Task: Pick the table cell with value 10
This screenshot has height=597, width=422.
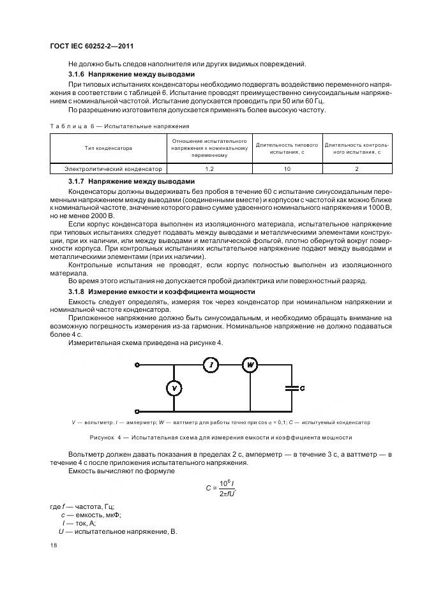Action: click(x=287, y=169)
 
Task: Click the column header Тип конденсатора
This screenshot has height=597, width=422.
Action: click(x=109, y=148)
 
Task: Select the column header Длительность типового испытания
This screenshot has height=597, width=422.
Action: click(x=287, y=148)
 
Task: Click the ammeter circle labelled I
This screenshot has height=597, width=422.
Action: click(x=211, y=365)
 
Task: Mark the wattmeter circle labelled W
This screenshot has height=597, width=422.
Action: click(x=250, y=365)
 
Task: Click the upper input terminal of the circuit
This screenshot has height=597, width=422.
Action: click(x=136, y=365)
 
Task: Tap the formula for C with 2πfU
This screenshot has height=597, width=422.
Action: click(x=220, y=489)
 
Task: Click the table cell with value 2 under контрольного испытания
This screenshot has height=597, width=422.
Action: click(x=356, y=169)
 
